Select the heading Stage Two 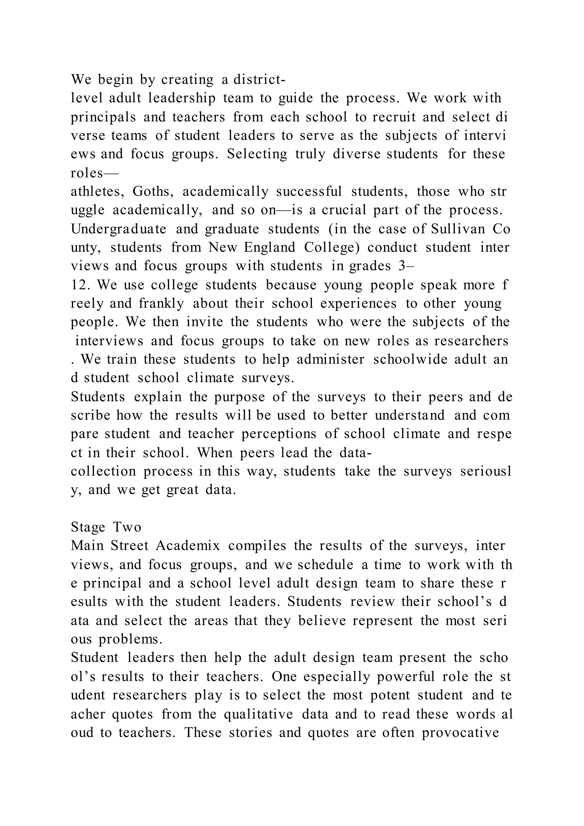pyautogui.click(x=106, y=527)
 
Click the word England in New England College pyautogui.click(x=269, y=248)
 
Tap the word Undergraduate pyautogui.click(x=119, y=229)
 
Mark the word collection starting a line pyautogui.click(x=104, y=471)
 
